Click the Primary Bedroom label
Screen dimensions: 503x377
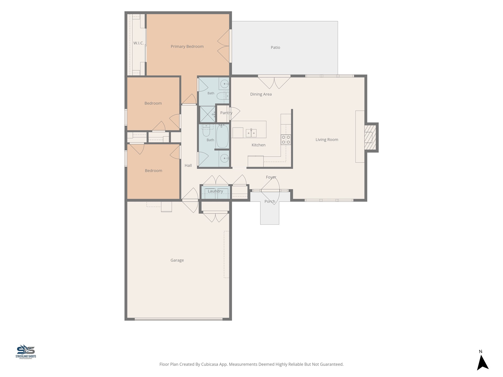click(x=187, y=46)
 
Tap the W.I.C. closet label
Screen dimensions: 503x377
click(x=139, y=43)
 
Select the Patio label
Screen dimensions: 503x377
click(x=275, y=47)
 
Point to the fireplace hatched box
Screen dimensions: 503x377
click(x=370, y=137)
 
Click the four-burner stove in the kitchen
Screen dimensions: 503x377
click(x=286, y=140)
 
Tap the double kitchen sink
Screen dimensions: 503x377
click(x=251, y=133)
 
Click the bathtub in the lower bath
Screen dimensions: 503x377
click(x=222, y=136)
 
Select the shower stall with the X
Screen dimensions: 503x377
click(x=207, y=114)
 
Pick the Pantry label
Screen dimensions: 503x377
click(x=226, y=113)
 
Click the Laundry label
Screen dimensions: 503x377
click(x=215, y=191)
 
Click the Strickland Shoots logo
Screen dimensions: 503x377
click(x=26, y=352)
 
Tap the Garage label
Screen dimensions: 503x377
click(x=177, y=260)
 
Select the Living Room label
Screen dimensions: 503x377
click(x=327, y=140)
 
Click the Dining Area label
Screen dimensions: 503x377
click(x=261, y=94)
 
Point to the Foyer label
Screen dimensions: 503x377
click(x=271, y=177)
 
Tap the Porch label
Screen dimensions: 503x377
click(x=270, y=201)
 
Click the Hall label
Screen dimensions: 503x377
click(x=188, y=165)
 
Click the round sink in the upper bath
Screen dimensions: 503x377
click(x=225, y=84)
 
